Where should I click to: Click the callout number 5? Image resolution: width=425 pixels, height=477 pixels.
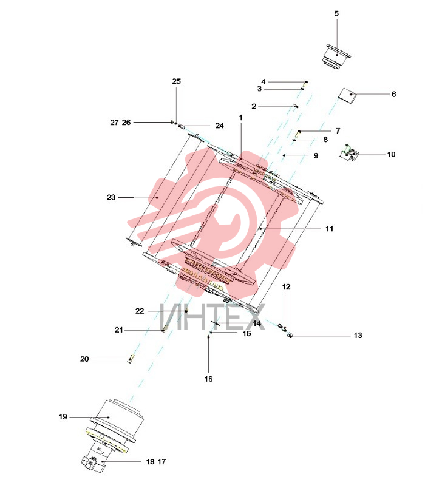click(x=336, y=13)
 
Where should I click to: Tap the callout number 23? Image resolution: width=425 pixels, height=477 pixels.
click(x=111, y=197)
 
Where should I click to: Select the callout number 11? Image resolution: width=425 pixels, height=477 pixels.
click(x=330, y=228)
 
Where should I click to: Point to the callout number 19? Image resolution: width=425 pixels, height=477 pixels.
click(x=63, y=417)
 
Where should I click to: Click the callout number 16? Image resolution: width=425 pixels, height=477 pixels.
click(x=208, y=379)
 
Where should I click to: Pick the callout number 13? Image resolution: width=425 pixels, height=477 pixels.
click(x=358, y=335)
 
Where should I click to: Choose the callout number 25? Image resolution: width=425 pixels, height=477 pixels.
click(x=177, y=81)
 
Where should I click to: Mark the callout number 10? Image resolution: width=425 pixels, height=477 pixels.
click(x=391, y=154)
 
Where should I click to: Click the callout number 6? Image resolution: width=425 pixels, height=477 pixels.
click(x=393, y=94)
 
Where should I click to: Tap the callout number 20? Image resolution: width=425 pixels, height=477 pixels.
click(x=84, y=359)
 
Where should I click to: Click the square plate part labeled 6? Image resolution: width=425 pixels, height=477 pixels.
click(x=347, y=96)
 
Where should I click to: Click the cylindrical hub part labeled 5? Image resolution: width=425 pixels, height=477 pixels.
click(x=336, y=58)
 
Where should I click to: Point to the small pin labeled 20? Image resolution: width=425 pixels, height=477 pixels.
click(x=131, y=359)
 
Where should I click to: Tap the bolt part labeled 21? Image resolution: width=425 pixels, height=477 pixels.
click(x=165, y=329)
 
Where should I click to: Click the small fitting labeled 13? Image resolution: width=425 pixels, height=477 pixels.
click(x=290, y=335)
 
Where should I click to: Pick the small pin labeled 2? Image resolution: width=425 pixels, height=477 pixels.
click(x=296, y=106)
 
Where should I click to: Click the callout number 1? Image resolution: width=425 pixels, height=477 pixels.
click(x=241, y=117)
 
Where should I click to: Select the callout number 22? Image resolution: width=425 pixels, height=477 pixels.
click(x=140, y=311)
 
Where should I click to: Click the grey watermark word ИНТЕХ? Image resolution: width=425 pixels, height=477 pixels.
click(x=212, y=317)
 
